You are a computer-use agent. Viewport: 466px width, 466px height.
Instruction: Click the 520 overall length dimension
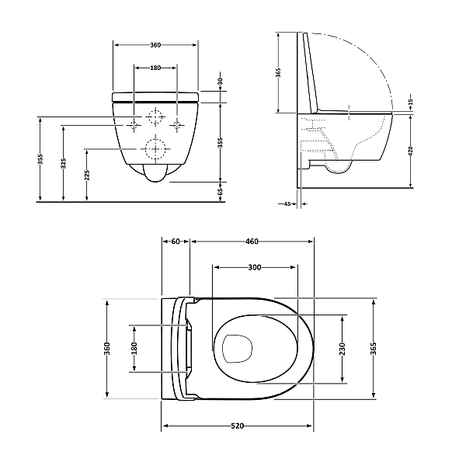click(x=237, y=426)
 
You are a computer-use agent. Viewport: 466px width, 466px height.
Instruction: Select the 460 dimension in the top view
click(x=252, y=242)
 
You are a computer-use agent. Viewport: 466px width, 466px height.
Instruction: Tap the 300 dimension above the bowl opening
click(x=255, y=267)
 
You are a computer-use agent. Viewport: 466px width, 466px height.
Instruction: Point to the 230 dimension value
click(x=342, y=349)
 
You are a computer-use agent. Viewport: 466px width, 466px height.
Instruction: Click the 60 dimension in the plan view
click(x=176, y=242)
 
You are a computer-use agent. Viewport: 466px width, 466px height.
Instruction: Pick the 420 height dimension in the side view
click(x=411, y=151)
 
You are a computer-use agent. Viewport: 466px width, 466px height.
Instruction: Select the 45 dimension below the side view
click(x=287, y=203)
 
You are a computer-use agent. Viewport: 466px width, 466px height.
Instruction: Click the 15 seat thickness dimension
click(x=410, y=102)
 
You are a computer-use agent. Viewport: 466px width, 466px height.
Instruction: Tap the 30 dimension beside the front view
click(x=221, y=82)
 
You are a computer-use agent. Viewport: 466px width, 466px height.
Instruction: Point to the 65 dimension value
click(x=221, y=191)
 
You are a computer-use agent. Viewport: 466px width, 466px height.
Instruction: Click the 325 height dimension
click(x=64, y=163)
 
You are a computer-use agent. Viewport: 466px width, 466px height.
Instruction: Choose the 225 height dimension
click(x=87, y=175)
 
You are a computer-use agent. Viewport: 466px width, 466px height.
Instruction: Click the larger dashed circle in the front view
click(x=155, y=149)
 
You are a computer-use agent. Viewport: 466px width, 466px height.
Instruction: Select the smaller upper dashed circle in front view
click(x=155, y=117)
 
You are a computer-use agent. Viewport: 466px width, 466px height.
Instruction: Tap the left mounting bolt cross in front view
click(x=134, y=125)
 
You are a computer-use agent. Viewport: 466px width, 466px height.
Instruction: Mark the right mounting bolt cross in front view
click(x=177, y=125)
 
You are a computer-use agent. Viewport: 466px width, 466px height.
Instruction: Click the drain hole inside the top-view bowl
click(x=237, y=349)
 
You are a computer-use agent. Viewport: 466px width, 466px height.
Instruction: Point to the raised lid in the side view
click(x=311, y=73)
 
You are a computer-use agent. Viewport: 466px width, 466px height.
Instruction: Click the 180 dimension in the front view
click(x=155, y=68)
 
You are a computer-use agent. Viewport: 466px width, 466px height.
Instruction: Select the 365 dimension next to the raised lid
click(x=278, y=72)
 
